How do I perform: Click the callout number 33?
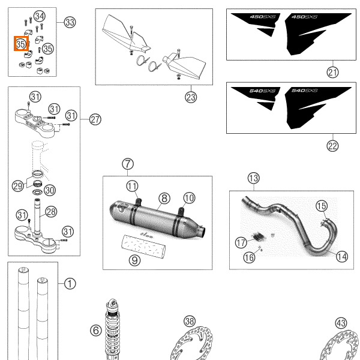click(x=70, y=23)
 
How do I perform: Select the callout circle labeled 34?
click(x=40, y=16)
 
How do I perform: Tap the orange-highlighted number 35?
click(x=21, y=44)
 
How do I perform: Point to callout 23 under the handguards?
click(x=191, y=96)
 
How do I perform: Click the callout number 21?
click(x=333, y=73)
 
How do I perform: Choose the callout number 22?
click(x=333, y=145)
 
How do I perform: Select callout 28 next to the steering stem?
click(x=51, y=211)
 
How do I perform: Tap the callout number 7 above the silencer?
click(x=127, y=164)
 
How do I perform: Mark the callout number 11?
click(x=132, y=185)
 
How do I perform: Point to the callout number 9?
click(x=134, y=260)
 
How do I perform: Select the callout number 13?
click(x=254, y=178)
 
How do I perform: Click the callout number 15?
click(x=322, y=206)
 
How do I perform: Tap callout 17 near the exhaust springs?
click(x=241, y=243)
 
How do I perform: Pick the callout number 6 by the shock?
click(x=95, y=330)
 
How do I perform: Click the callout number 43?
click(x=341, y=323)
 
